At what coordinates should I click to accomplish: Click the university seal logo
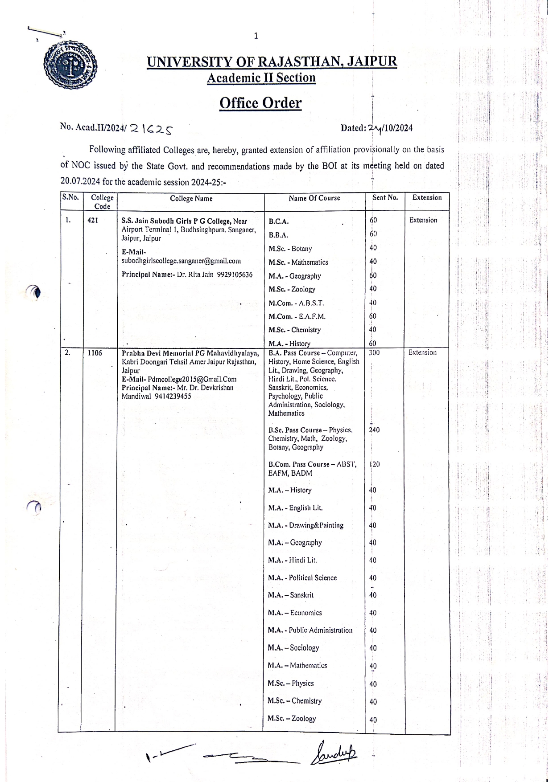point(70,66)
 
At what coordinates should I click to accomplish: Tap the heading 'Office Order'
point(260,103)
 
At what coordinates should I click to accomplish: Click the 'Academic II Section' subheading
point(261,78)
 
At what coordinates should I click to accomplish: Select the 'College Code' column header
point(102,202)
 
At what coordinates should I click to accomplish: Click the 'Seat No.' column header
point(385,197)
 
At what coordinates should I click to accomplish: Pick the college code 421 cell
point(93,220)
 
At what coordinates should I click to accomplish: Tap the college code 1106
point(95,353)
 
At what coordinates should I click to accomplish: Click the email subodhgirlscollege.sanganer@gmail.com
point(181,261)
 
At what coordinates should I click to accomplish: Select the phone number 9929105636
point(235,274)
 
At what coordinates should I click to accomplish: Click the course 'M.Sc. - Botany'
point(290,249)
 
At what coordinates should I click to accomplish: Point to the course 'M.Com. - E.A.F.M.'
point(297,316)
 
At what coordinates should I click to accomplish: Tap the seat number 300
point(374,352)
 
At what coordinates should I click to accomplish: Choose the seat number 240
point(374,430)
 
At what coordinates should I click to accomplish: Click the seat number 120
point(375,464)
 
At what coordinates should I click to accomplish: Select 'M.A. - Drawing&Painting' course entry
point(305,525)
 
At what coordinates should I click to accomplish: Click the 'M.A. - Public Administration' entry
point(310,630)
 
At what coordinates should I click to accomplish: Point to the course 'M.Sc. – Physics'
point(290,683)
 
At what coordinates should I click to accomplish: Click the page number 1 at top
point(256,36)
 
